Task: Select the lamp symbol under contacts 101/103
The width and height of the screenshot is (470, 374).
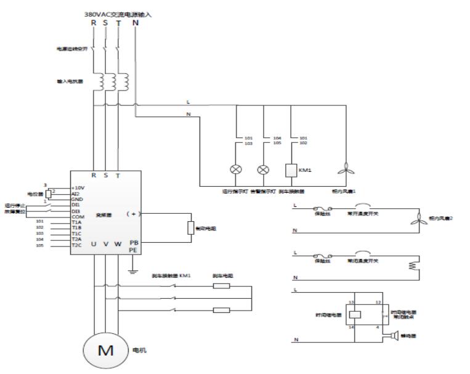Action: [237, 168]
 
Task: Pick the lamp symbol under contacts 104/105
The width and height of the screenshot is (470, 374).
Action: [264, 168]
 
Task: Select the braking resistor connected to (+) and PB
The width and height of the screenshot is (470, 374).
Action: [190, 227]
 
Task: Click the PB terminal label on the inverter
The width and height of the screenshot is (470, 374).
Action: [132, 243]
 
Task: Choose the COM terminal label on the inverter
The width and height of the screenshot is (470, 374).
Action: [77, 216]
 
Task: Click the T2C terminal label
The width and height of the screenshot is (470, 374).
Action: [77, 245]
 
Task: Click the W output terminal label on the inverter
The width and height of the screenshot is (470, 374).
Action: [118, 243]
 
